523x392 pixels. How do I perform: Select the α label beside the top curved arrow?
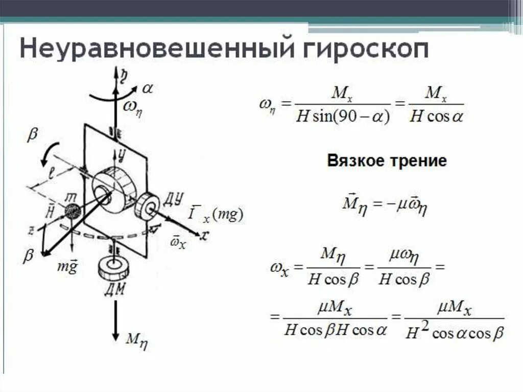pos(148,88)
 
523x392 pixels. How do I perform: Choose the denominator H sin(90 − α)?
pos(343,117)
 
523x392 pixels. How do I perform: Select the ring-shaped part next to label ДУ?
pos(148,206)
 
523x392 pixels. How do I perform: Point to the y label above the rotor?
pos(122,152)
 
